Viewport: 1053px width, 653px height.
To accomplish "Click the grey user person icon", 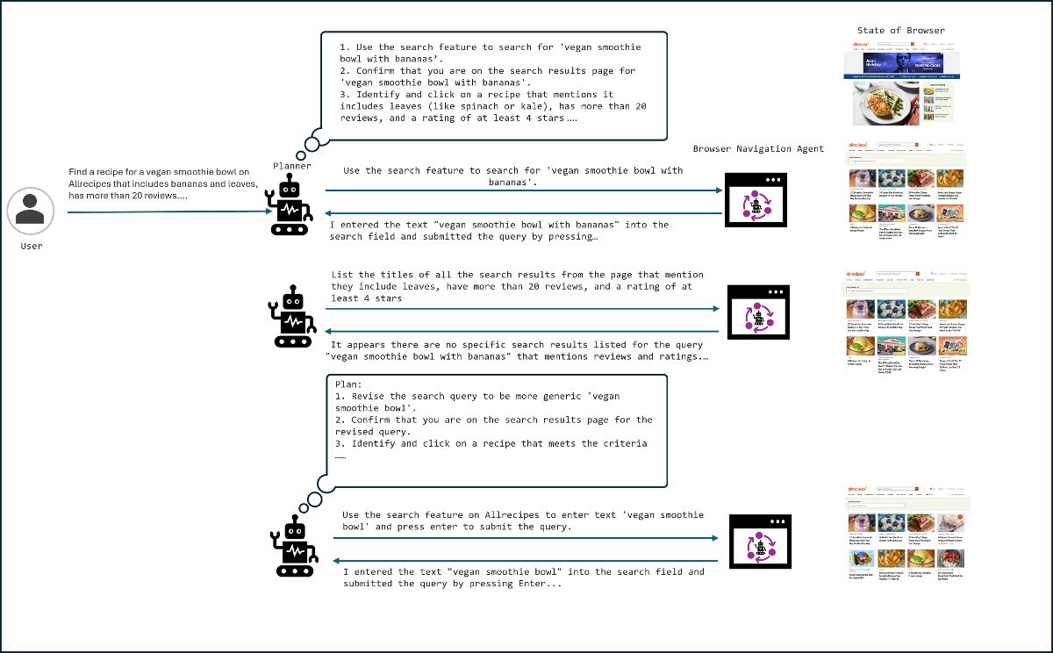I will pyautogui.click(x=31, y=211).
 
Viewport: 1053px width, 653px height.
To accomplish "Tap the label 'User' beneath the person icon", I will pyautogui.click(x=31, y=247).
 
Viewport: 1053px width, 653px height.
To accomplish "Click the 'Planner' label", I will pyautogui.click(x=292, y=165).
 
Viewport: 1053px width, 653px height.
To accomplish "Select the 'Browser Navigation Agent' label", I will pyautogui.click(x=758, y=149).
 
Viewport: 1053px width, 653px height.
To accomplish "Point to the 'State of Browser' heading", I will pyautogui.click(x=901, y=31).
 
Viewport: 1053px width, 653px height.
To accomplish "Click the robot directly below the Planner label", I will pyautogui.click(x=290, y=204).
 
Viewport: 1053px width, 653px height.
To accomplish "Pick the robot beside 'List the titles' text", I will pyautogui.click(x=290, y=313).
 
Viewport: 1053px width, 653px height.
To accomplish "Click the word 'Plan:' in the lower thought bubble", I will pyautogui.click(x=348, y=384).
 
